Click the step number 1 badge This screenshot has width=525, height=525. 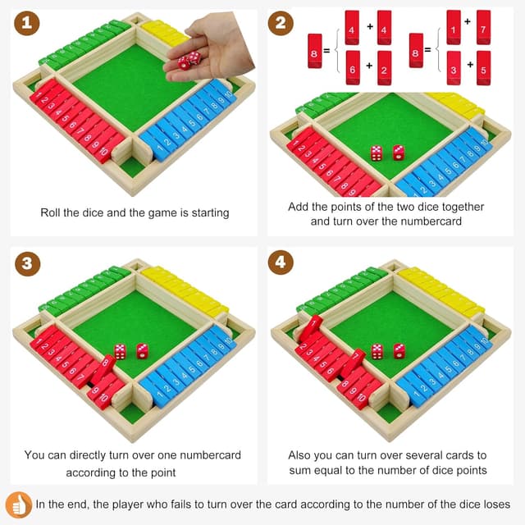tap(28, 25)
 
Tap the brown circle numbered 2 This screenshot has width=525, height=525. tap(281, 25)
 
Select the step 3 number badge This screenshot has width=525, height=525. tap(28, 263)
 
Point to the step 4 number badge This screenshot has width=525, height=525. tap(281, 263)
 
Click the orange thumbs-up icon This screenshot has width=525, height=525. tap(18, 504)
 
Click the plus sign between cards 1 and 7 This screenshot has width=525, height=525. tap(468, 21)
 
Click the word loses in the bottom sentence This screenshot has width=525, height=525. tap(494, 504)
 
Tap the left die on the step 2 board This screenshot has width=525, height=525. tap(376, 153)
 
